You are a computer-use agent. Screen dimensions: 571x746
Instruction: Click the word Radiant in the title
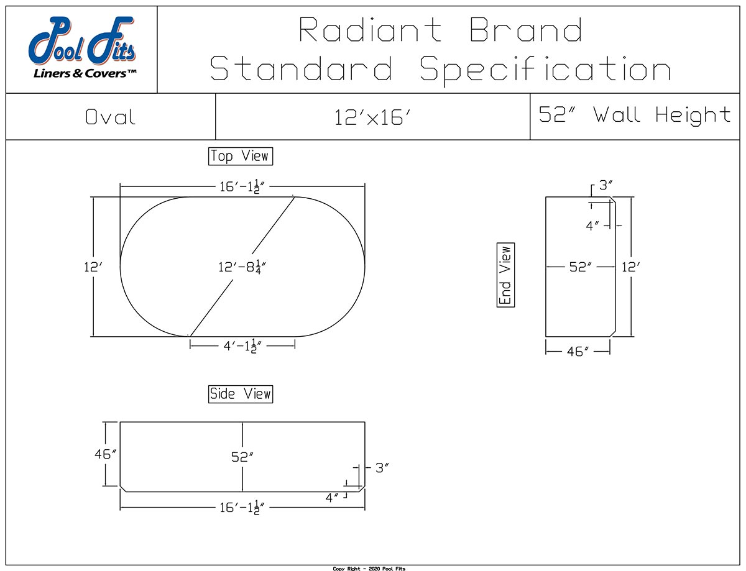tap(371, 30)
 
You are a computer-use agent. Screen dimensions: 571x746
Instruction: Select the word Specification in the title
tap(545, 68)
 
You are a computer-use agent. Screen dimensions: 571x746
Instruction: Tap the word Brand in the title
tap(526, 30)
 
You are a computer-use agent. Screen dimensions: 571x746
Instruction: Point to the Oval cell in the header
tap(111, 117)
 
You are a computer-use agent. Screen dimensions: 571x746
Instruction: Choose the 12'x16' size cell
tap(372, 117)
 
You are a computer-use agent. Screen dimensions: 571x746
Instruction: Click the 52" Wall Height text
tap(634, 115)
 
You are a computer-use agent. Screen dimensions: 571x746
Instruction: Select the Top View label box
tap(241, 156)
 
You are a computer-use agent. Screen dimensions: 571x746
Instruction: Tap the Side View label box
tap(241, 394)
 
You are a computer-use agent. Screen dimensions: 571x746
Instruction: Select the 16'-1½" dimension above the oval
tap(242, 188)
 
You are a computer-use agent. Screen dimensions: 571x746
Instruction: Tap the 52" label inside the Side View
tap(242, 457)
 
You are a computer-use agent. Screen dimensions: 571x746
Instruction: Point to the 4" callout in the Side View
tap(333, 497)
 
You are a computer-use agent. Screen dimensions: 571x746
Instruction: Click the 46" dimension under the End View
tap(578, 352)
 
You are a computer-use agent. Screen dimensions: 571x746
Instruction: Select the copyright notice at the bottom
tap(369, 568)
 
